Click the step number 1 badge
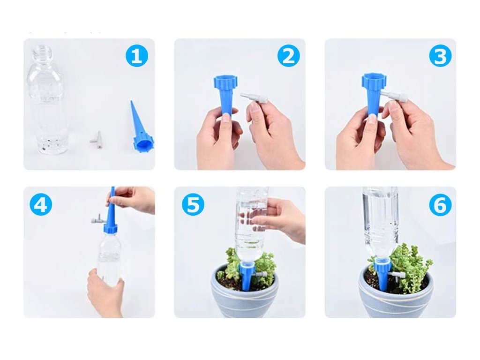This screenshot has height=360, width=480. click(137, 56)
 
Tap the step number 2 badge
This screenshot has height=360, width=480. click(288, 56)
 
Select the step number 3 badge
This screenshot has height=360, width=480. click(440, 56)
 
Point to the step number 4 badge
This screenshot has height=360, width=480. click(41, 204)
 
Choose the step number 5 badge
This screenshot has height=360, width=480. click(193, 204)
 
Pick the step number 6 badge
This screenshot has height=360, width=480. click(440, 204)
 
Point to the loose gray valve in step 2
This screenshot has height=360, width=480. click(254, 98)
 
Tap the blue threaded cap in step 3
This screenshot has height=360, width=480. click(375, 81)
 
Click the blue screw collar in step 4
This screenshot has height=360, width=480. click(110, 227)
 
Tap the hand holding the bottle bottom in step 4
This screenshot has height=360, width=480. click(104, 292)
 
